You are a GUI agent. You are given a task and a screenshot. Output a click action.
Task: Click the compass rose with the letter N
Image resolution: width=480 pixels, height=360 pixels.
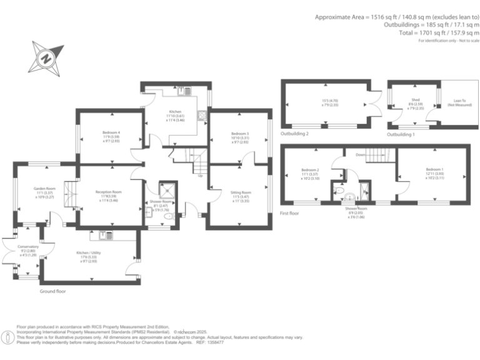tap(46, 57)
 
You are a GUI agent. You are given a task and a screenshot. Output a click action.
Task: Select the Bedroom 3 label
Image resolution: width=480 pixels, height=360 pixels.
tap(239, 134)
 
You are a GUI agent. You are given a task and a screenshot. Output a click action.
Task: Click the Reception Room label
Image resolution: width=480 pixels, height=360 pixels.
tap(108, 192)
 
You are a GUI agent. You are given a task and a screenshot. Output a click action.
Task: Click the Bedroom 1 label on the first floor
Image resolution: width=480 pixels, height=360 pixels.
tap(434, 169)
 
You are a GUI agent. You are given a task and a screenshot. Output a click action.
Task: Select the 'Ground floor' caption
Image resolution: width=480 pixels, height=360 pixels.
tap(53, 291)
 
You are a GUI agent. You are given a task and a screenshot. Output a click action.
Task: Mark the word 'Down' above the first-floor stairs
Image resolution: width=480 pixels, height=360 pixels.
tap(361, 154)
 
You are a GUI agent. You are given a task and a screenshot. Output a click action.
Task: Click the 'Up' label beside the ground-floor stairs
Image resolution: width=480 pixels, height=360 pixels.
tap(200, 176)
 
